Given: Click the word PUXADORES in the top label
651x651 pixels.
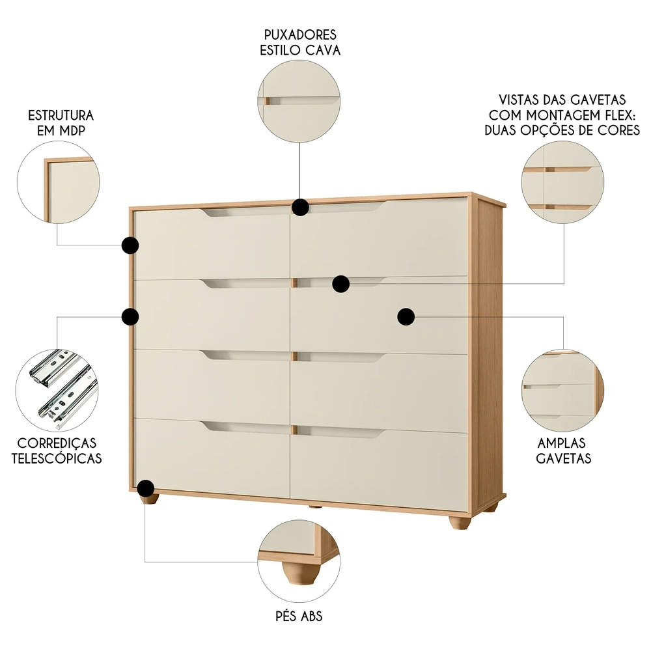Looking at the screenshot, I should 300,35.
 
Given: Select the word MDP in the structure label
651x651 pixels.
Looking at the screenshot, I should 73,130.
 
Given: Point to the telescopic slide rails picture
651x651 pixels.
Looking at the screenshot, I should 59,390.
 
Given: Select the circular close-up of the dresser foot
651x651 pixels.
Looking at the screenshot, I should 299,561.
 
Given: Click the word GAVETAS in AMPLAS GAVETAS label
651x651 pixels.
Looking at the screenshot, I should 563,458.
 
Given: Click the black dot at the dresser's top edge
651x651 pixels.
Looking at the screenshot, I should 300,207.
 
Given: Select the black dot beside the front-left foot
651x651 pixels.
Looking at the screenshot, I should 146,489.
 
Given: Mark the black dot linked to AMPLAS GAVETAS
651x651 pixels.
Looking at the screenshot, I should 406,316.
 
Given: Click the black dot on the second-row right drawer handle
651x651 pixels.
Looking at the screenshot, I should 340,284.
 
